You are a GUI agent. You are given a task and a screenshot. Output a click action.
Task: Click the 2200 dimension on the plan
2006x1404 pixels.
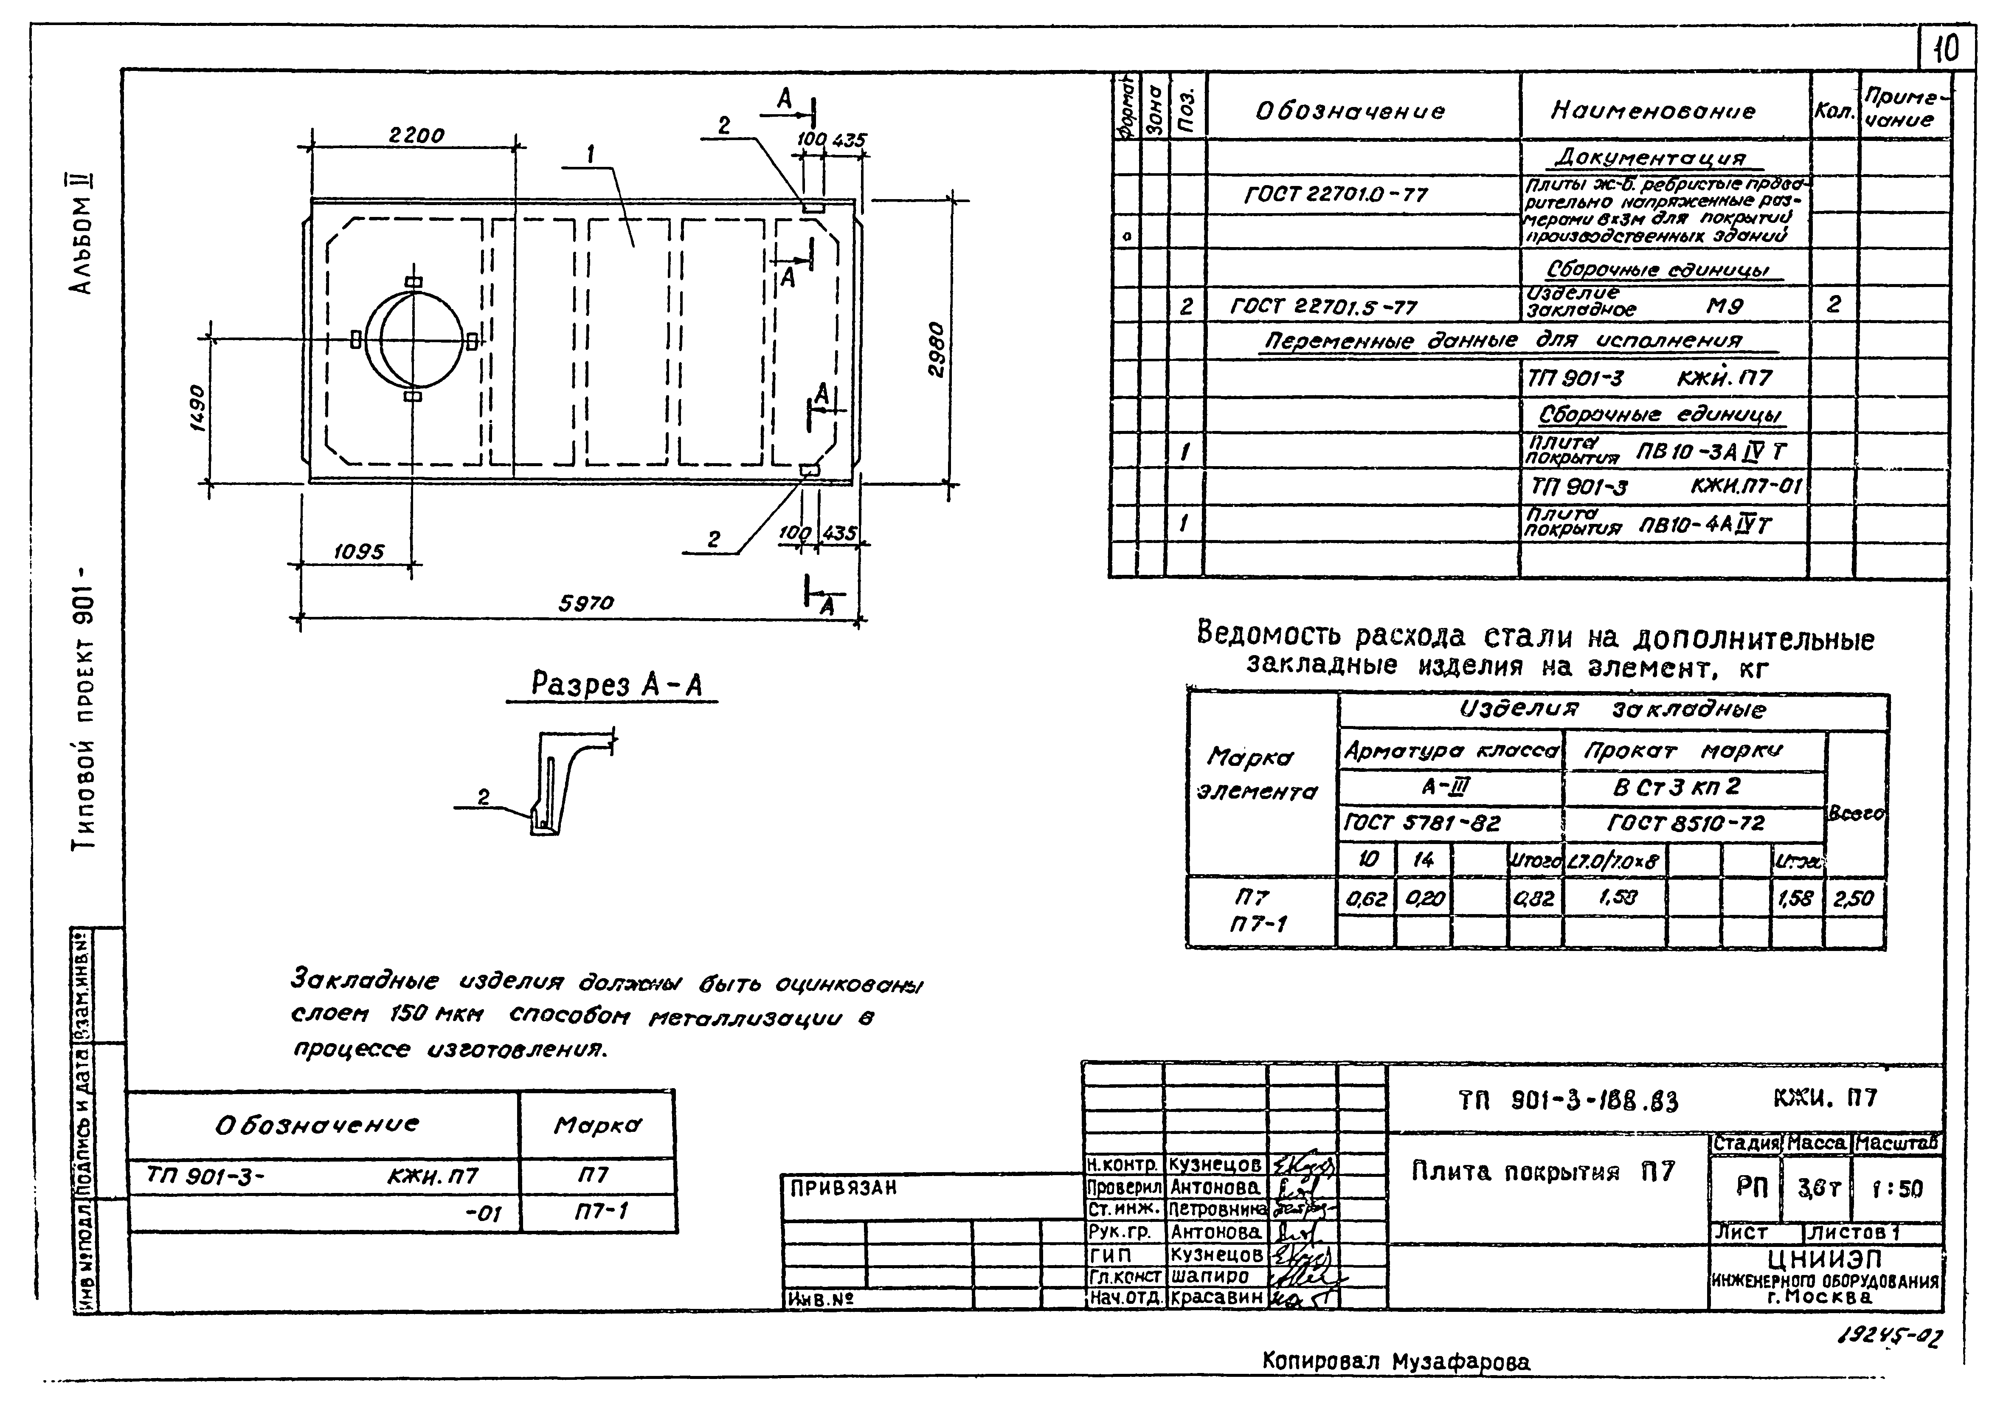(416, 135)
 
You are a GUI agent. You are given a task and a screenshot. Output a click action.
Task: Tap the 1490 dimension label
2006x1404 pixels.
(197, 408)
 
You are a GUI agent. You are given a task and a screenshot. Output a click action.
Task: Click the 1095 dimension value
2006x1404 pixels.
(358, 552)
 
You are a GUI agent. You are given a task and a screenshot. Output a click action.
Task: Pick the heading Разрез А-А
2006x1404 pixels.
(616, 684)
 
